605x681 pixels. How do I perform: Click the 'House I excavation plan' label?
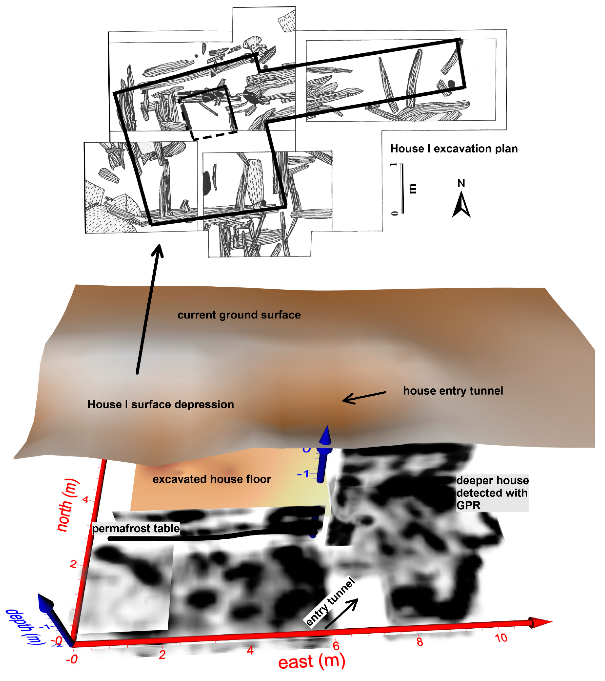pyautogui.click(x=453, y=149)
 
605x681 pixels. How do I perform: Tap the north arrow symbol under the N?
pyautogui.click(x=461, y=205)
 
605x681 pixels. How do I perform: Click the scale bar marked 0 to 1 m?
pyautogui.click(x=402, y=188)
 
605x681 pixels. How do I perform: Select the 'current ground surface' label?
pyautogui.click(x=239, y=315)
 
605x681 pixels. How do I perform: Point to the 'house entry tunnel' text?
pyautogui.click(x=453, y=391)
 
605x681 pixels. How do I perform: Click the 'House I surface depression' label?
pyautogui.click(x=160, y=404)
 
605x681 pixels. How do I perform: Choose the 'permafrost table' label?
pyautogui.click(x=136, y=528)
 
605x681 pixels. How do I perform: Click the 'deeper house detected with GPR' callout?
pyautogui.click(x=492, y=493)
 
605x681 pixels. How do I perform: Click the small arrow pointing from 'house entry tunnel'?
pyautogui.click(x=364, y=397)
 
